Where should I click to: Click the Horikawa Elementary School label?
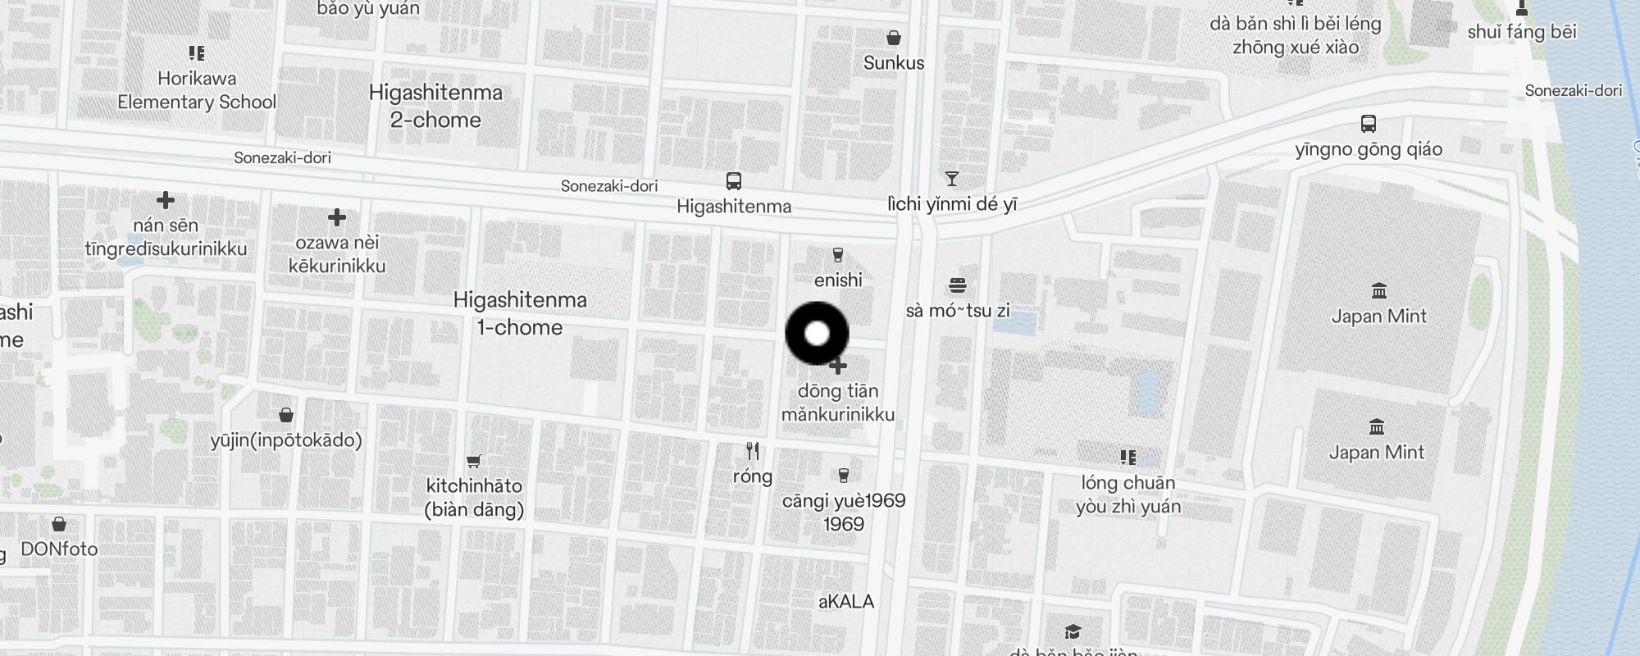197,90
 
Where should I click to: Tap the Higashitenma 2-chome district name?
435,106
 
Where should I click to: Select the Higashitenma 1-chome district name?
520,313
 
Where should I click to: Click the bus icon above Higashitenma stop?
734,181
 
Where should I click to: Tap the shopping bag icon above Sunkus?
894,38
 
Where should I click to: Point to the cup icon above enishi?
837,255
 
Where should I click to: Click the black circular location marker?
817,334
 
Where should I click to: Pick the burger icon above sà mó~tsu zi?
958,285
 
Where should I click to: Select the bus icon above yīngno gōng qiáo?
1368,124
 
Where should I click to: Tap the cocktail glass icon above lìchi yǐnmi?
951,179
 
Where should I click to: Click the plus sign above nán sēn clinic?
166,200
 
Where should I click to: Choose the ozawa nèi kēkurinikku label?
337,253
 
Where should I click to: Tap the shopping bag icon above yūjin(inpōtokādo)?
286,415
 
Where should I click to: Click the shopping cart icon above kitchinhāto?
473,461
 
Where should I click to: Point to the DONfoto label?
59,549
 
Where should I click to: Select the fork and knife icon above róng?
753,451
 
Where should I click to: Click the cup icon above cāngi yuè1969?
843,476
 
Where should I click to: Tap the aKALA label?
846,601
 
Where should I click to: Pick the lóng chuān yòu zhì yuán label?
1128,494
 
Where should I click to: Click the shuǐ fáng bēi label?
1522,32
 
